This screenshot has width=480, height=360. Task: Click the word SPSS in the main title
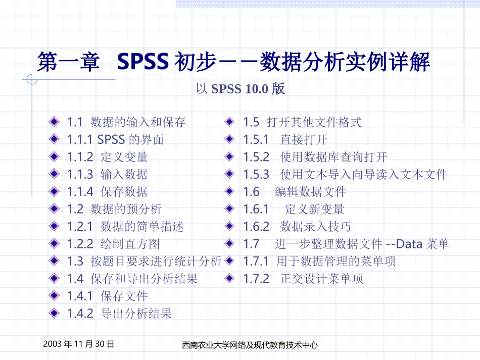pyautogui.click(x=142, y=63)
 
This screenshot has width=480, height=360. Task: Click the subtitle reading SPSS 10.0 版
pyautogui.click(x=240, y=89)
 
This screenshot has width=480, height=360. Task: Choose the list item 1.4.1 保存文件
pyautogui.click(x=107, y=296)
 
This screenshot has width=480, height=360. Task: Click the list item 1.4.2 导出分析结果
pyautogui.click(x=119, y=314)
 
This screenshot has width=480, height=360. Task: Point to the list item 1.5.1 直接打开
pyautogui.click(x=285, y=139)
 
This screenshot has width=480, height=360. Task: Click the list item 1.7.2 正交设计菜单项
pyautogui.click(x=303, y=279)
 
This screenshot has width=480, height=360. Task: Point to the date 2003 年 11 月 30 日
pyautogui.click(x=78, y=344)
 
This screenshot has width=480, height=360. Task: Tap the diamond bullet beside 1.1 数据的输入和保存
pyautogui.click(x=54, y=122)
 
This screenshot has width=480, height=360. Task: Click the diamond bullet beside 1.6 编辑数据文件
pyautogui.click(x=230, y=192)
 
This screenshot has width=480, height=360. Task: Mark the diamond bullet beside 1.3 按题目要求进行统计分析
pyautogui.click(x=54, y=261)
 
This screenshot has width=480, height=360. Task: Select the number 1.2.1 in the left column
pyautogui.click(x=80, y=227)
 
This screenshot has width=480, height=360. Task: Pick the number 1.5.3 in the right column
pyautogui.click(x=256, y=175)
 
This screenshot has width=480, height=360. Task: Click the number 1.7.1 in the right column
pyautogui.click(x=256, y=261)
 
